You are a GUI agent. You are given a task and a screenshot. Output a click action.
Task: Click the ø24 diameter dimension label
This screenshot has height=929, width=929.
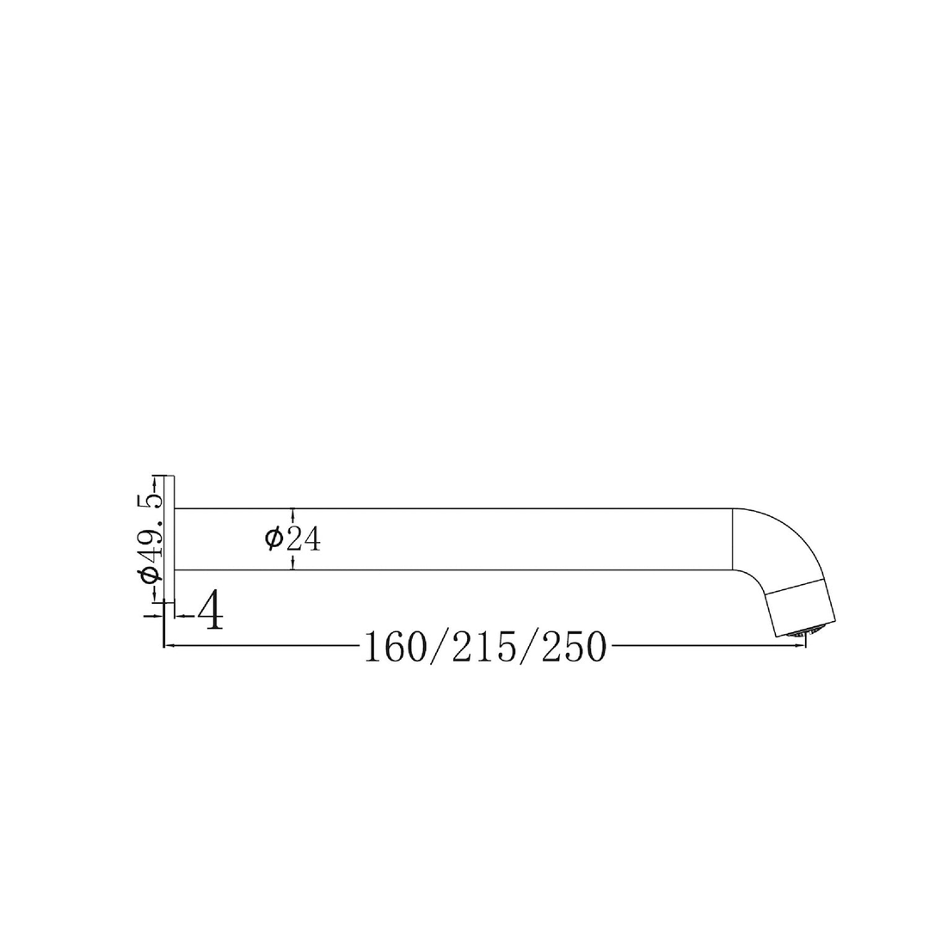(x=293, y=539)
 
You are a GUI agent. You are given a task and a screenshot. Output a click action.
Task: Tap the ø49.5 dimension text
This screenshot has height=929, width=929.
(x=151, y=537)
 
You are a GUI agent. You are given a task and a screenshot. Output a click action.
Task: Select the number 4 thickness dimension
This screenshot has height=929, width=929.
(x=210, y=611)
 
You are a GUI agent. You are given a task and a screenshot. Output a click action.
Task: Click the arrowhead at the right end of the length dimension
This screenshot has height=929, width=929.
(x=802, y=645)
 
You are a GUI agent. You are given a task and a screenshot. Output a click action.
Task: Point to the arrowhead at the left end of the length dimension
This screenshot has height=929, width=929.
(x=168, y=645)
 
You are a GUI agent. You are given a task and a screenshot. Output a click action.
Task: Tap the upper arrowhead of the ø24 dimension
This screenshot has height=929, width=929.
(x=293, y=513)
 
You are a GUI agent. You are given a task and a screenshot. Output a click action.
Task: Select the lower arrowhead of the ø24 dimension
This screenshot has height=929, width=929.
(x=293, y=565)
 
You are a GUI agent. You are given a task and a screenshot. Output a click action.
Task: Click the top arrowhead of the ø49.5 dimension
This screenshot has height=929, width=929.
(x=155, y=477)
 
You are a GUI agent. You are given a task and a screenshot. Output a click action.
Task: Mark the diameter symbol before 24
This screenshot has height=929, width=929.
(x=274, y=539)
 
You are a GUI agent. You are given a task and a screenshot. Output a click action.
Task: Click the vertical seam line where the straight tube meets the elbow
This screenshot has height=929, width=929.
(x=732, y=539)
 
